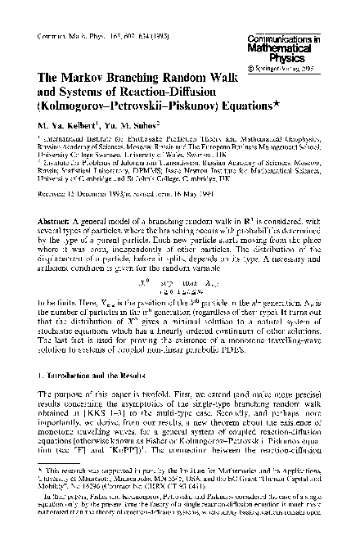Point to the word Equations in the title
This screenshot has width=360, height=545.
pyautogui.click(x=229, y=106)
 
